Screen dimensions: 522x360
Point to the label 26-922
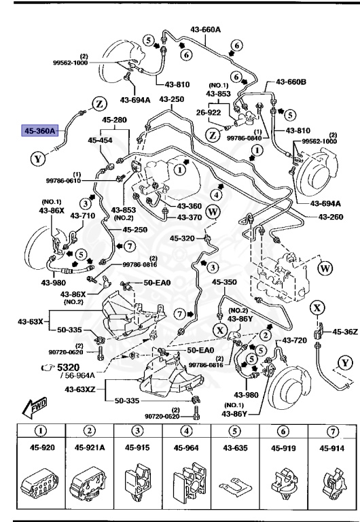[x=210, y=113]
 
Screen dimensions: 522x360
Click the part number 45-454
[x=101, y=140]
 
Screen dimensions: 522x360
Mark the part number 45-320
[x=182, y=238]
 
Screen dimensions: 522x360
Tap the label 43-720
[x=295, y=340]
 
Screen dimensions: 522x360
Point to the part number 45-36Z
[x=344, y=332]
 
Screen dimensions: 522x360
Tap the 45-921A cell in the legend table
[x=89, y=448]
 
